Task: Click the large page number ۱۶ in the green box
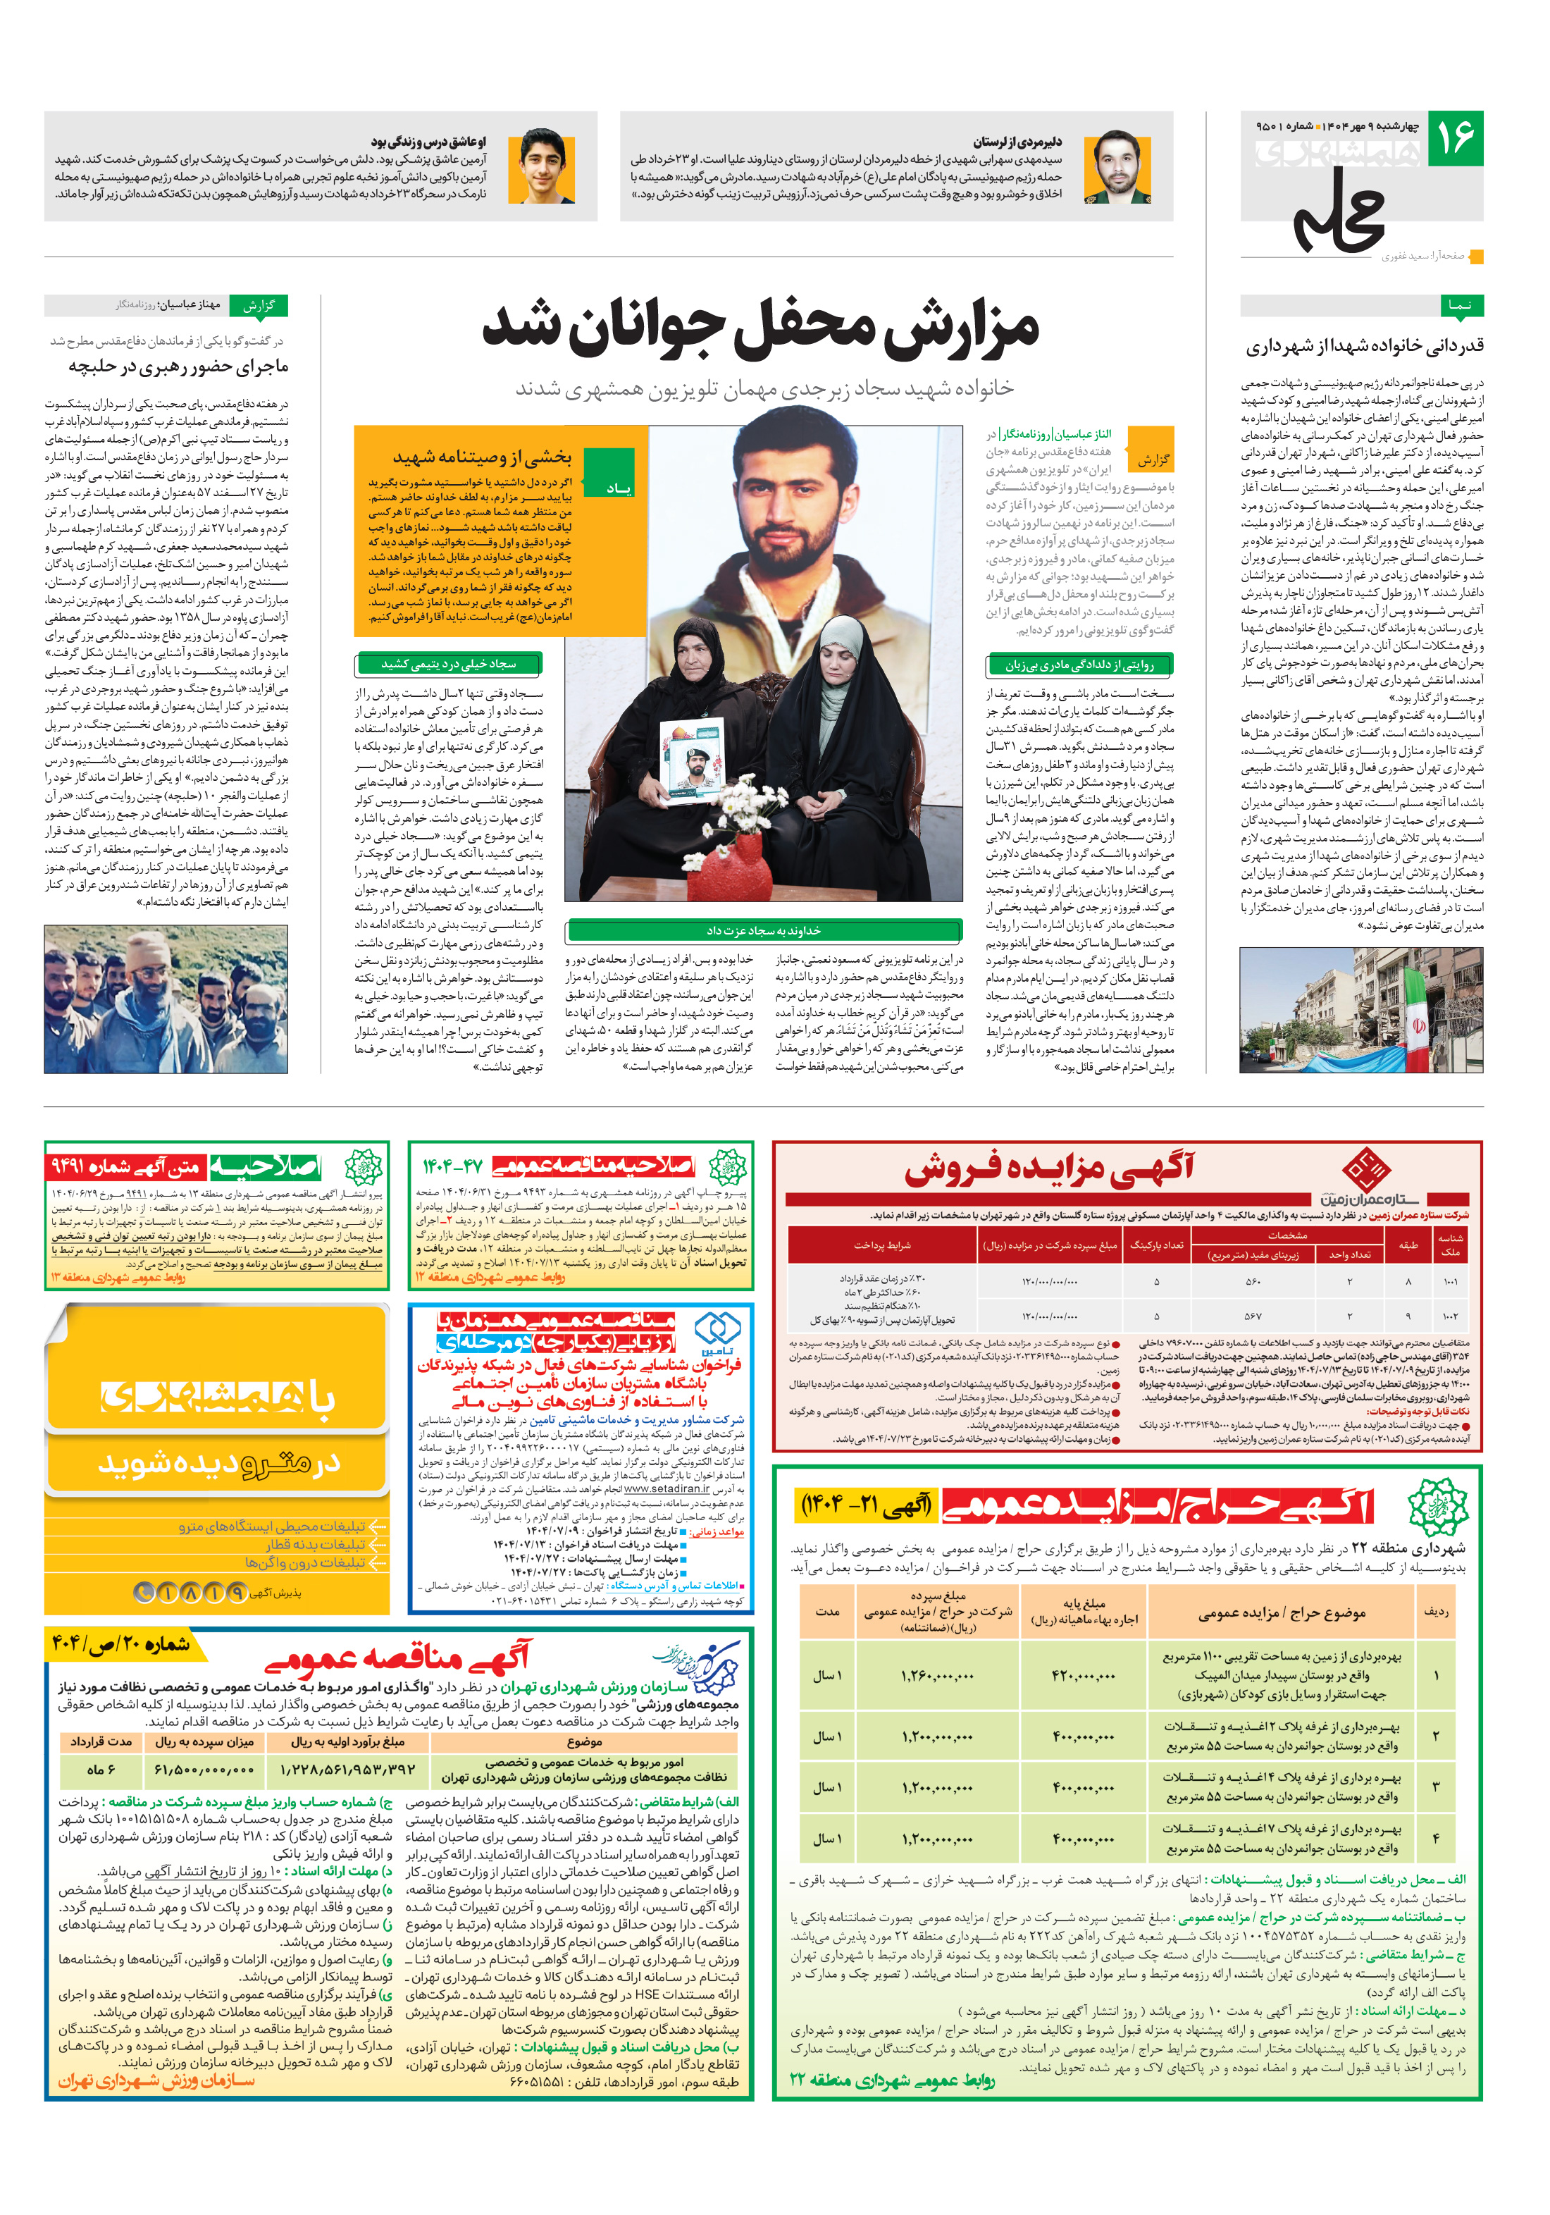1454,138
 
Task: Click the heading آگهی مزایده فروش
1048,1169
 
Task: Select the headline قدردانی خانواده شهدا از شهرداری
1364,346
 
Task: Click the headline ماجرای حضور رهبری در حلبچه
178,366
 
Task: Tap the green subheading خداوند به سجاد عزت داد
763,930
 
